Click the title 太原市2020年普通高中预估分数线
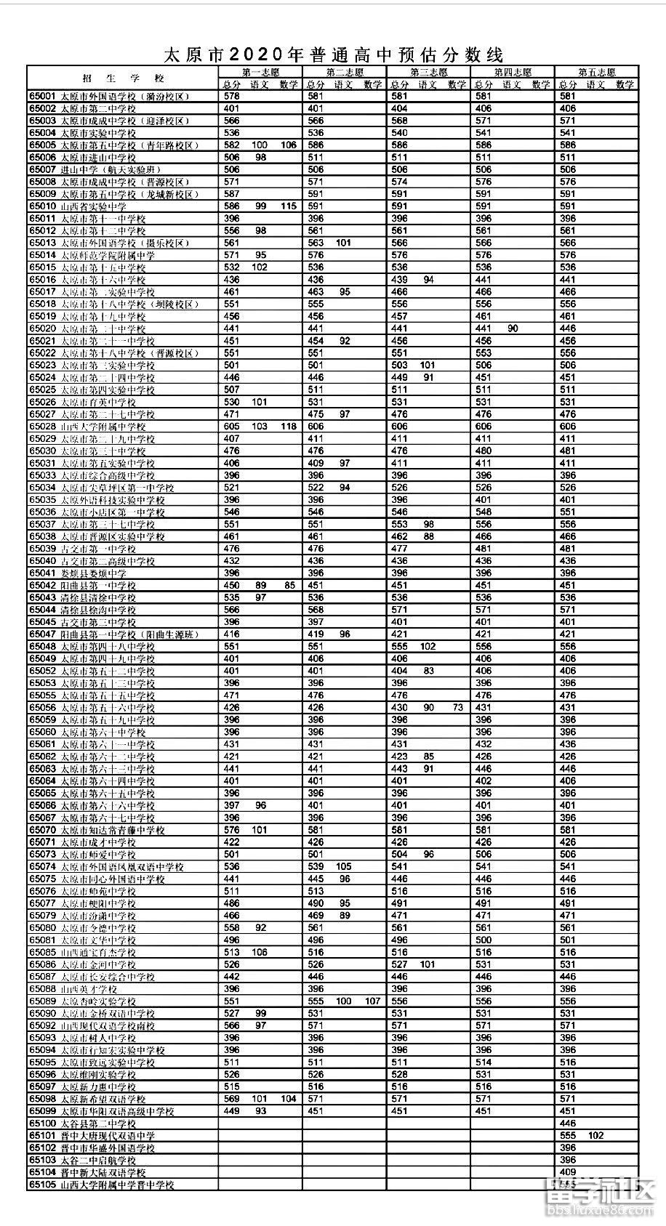click(x=333, y=55)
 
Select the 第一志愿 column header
click(x=260, y=73)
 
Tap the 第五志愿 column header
click(x=596, y=73)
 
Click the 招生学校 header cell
click(x=123, y=78)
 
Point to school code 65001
click(x=42, y=97)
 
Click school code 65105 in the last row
click(x=42, y=1185)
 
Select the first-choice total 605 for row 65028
click(x=232, y=427)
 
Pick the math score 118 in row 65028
click(x=289, y=427)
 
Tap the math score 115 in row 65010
click(x=289, y=206)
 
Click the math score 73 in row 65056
click(x=457, y=707)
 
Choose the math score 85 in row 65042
click(x=289, y=585)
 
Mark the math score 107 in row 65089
click(x=373, y=1001)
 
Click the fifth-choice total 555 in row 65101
click(x=568, y=1135)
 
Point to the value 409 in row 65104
click(x=568, y=1172)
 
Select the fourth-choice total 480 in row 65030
click(x=484, y=451)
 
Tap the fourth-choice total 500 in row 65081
click(x=484, y=940)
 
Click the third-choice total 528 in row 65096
click(x=399, y=1074)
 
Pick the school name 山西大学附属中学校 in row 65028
click(x=103, y=427)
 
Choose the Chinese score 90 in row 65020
click(x=513, y=328)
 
